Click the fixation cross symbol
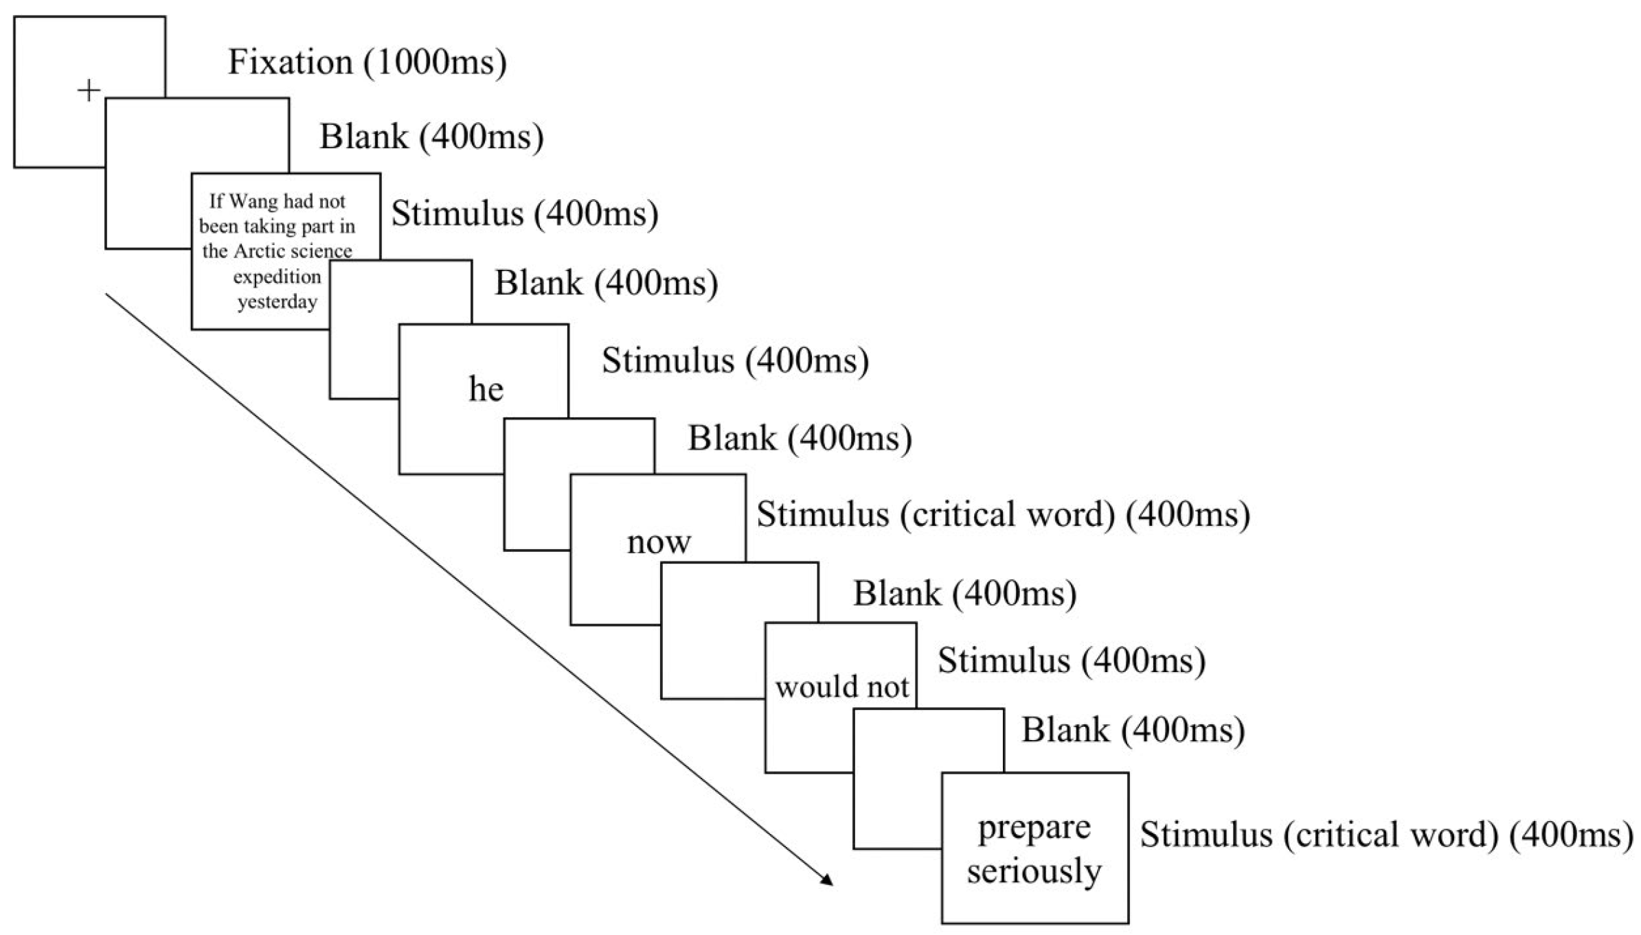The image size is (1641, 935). pos(89,91)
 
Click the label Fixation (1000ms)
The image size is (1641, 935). pos(367,62)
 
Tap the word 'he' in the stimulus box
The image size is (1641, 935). pos(486,389)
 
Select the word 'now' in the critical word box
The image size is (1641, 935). pos(658,542)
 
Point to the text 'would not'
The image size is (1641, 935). pos(841,686)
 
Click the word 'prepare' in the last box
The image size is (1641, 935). pos(1034,827)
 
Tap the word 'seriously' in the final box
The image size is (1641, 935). pos(1034,870)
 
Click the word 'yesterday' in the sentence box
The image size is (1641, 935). pos(278,301)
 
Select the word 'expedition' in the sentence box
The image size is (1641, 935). pos(277,277)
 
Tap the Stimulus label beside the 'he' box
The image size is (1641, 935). pos(735,360)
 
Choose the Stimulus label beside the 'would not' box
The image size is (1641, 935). pos(1071,660)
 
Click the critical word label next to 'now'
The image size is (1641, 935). pos(1003,514)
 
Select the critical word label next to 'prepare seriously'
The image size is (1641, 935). pos(1386,835)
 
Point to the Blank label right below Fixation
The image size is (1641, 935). pos(431,137)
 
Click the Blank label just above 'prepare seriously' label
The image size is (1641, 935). pos(1133,730)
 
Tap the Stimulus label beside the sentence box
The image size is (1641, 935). pos(525,213)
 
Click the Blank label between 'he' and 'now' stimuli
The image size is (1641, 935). pos(800,438)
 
